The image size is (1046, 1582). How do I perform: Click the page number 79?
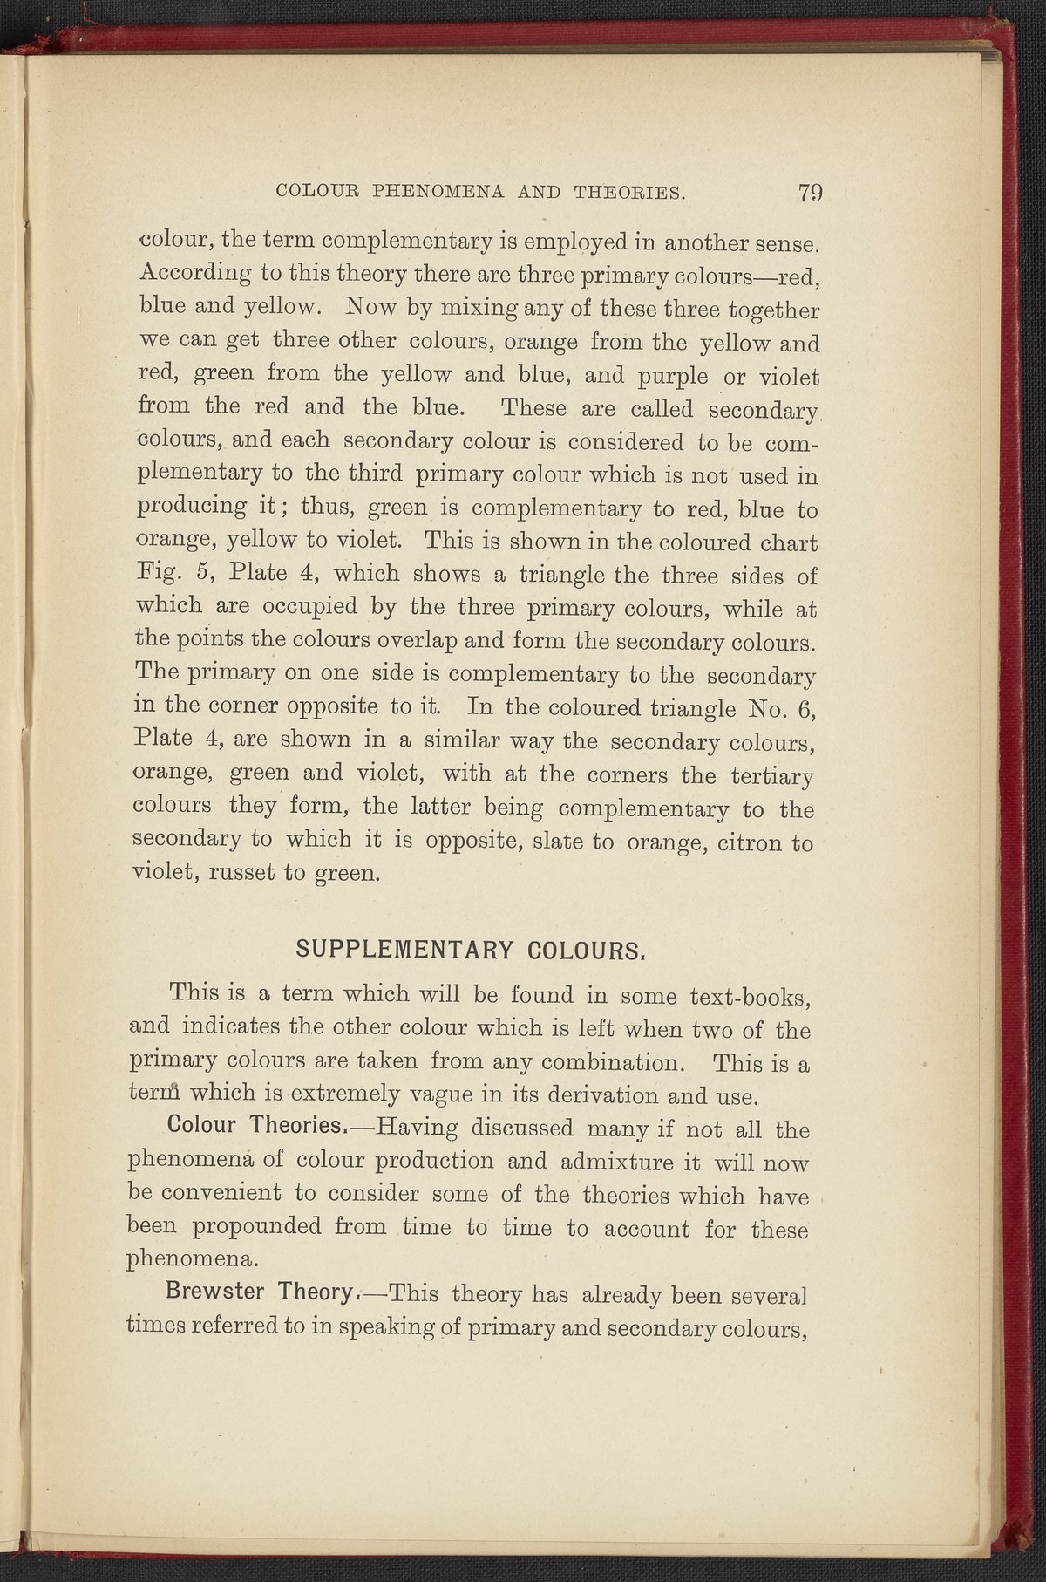click(x=810, y=193)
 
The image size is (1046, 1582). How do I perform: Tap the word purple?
click(x=662, y=375)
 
